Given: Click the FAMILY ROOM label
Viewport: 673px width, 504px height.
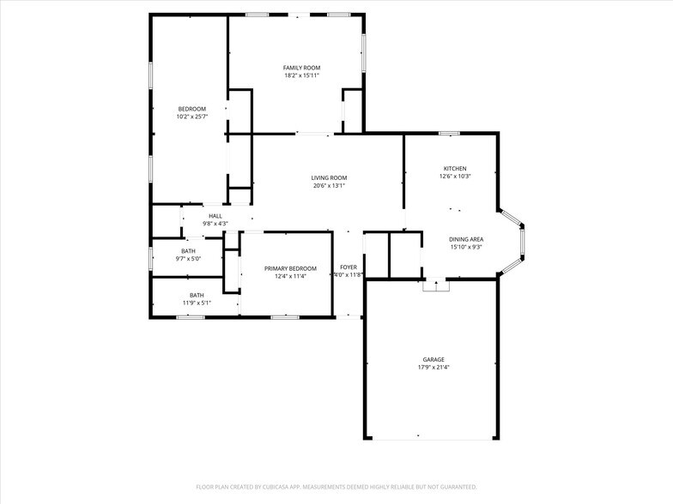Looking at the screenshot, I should (301, 68).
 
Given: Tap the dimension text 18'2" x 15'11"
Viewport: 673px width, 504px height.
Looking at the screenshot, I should (301, 75).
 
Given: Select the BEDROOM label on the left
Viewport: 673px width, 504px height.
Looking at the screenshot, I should (191, 109).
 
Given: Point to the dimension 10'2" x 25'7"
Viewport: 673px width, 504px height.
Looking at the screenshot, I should (191, 117).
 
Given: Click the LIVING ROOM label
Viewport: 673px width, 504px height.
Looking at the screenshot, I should (329, 177).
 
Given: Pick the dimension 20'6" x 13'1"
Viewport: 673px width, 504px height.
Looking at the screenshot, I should (329, 185).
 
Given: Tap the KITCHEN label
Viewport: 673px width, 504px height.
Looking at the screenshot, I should (455, 168).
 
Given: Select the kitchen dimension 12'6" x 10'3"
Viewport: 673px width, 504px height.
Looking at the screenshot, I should (455, 176).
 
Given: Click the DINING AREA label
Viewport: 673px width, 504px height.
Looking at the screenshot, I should (465, 239).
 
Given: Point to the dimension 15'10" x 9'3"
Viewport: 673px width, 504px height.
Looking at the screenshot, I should (465, 247).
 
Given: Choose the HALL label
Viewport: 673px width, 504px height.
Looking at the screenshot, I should (215, 216).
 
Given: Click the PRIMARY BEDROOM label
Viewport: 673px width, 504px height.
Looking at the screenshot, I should (290, 268).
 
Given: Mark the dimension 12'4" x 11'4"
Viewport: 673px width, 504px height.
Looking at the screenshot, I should (290, 276).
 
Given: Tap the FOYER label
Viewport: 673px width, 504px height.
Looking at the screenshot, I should (348, 267).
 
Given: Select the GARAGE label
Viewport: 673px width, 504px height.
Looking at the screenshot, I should (433, 359).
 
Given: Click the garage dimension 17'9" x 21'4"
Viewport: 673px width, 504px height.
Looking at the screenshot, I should (433, 367).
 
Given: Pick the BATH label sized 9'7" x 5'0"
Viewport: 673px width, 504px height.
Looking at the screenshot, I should (187, 251).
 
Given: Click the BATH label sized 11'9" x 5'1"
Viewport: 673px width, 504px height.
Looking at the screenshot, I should (197, 295).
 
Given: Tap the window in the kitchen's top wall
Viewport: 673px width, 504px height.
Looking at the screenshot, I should (449, 133).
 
